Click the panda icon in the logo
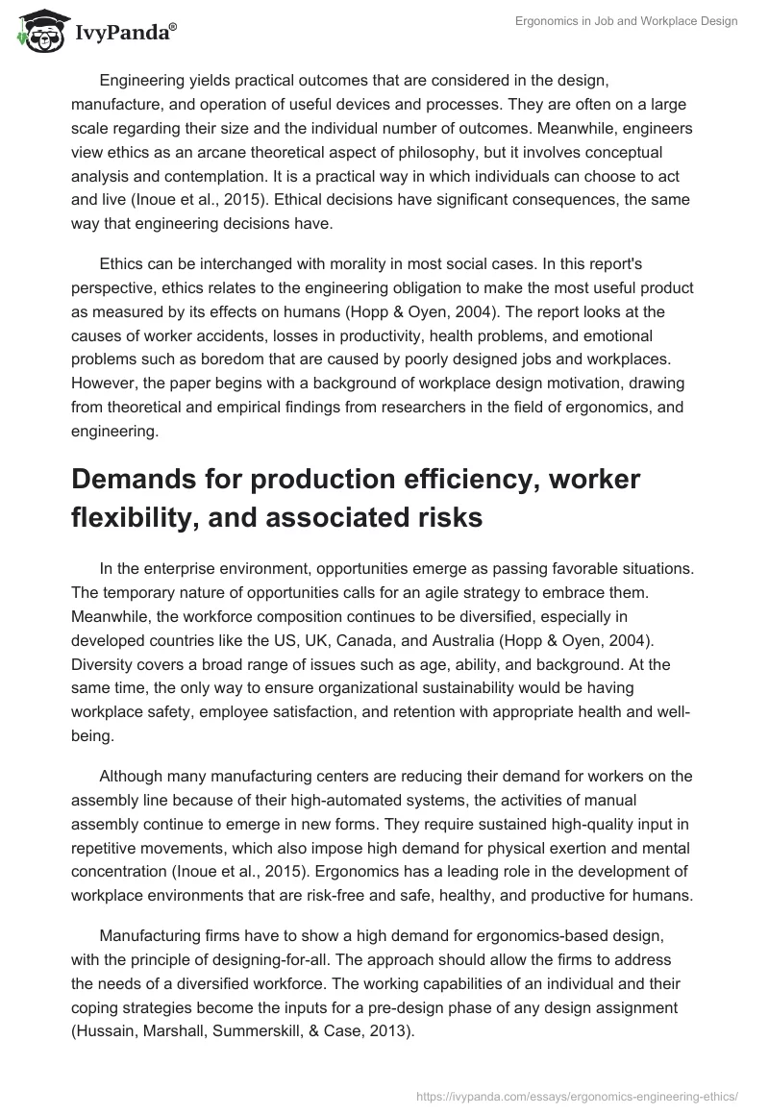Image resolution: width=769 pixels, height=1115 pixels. pyautogui.click(x=36, y=33)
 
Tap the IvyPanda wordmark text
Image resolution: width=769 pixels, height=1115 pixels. pyautogui.click(x=122, y=35)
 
